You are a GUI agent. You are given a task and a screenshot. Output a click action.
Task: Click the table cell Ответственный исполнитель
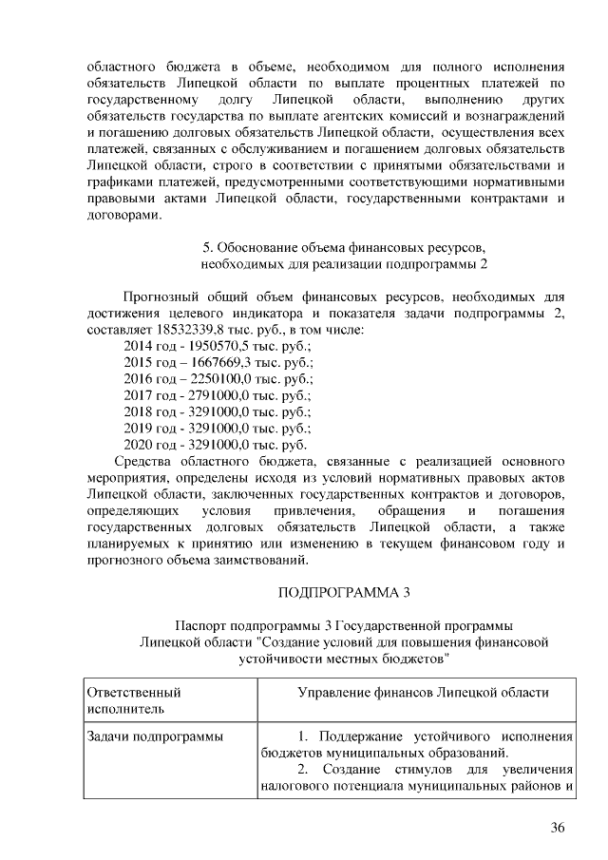[x=133, y=700]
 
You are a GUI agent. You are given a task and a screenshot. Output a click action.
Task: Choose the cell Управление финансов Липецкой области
[x=423, y=693]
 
